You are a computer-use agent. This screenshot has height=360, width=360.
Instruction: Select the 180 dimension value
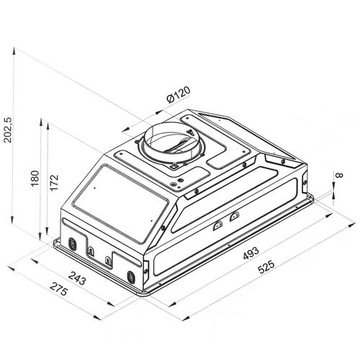click(x=35, y=178)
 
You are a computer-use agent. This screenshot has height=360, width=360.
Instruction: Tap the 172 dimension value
click(x=54, y=182)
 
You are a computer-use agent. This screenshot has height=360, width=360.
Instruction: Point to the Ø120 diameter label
click(x=179, y=94)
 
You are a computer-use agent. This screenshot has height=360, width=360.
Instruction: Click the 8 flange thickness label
click(x=340, y=175)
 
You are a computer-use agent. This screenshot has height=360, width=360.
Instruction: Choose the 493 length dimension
click(x=251, y=253)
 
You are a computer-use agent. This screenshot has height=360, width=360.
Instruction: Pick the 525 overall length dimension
click(x=266, y=267)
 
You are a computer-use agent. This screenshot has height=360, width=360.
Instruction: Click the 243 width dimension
click(x=77, y=278)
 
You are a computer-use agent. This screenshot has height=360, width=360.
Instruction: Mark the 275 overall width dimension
click(x=59, y=289)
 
